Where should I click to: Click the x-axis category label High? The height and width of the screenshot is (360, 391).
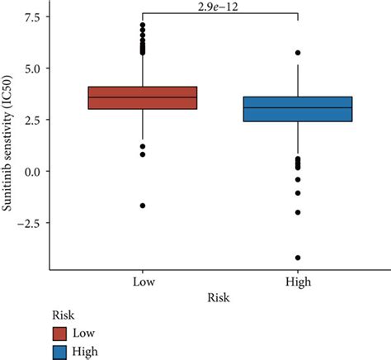click(x=298, y=282)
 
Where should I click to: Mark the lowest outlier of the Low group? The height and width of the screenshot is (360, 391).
click(x=142, y=205)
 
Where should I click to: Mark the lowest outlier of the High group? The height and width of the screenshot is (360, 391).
click(x=298, y=258)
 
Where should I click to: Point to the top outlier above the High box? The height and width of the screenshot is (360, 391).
click(x=298, y=53)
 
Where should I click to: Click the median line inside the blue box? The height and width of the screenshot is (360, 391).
click(x=298, y=107)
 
